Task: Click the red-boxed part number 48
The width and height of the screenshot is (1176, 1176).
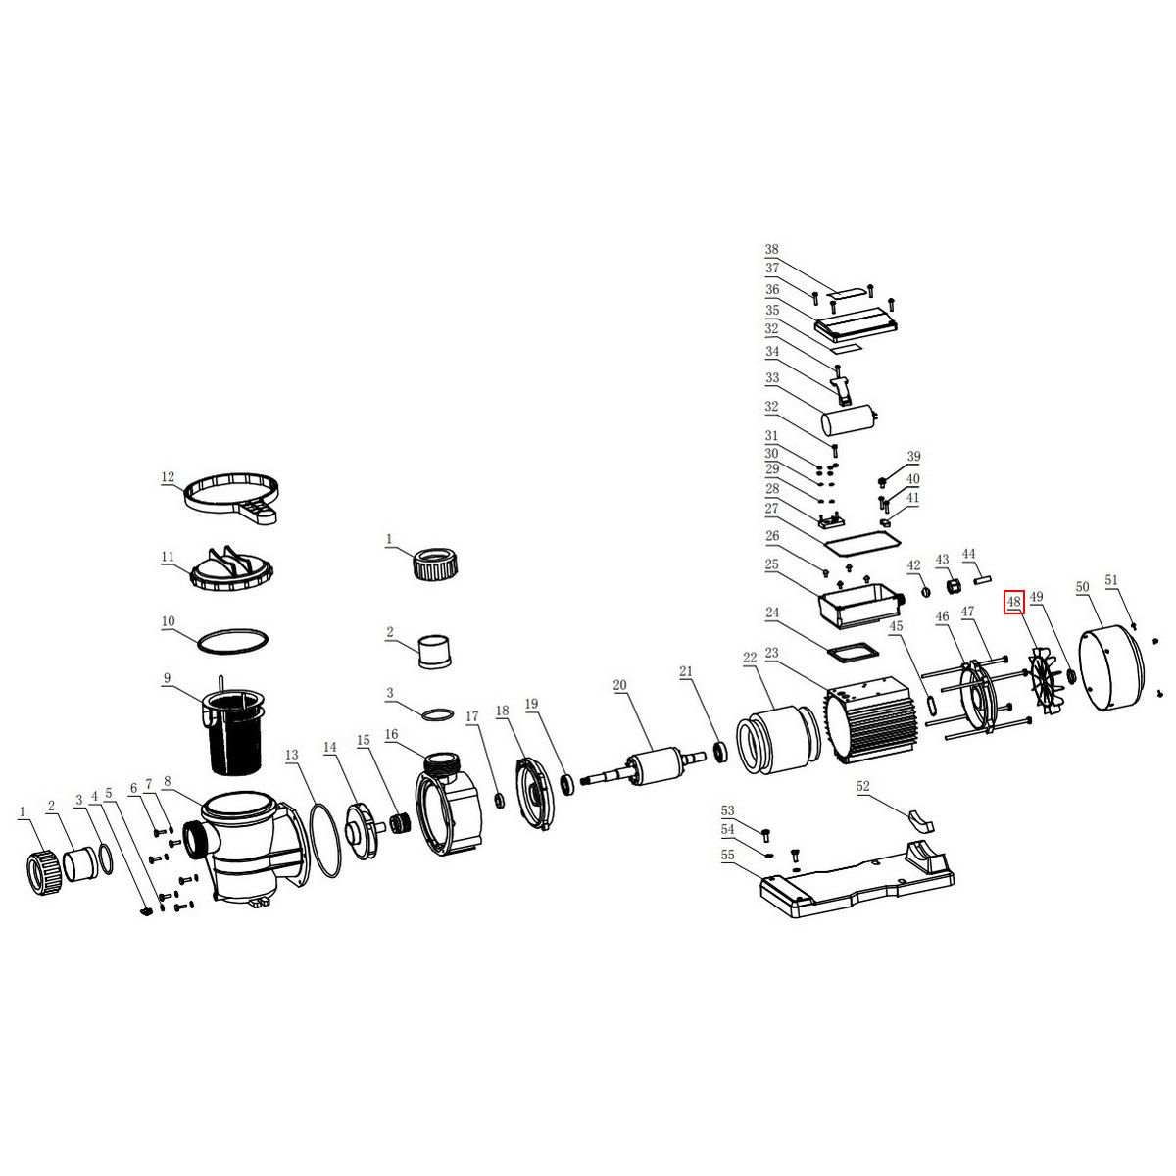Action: coord(1013,602)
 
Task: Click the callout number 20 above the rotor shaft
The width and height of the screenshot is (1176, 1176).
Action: coord(619,685)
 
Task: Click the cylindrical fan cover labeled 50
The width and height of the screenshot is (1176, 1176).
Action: coord(1111,669)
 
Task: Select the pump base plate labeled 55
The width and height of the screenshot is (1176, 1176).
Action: coord(857,880)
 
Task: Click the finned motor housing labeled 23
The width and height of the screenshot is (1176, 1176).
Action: coord(870,719)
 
